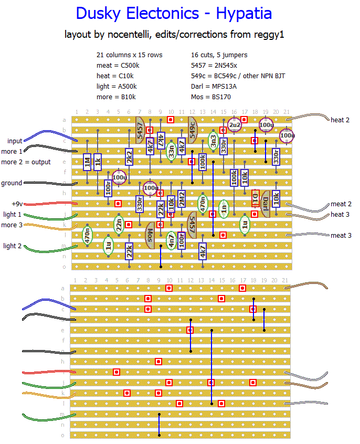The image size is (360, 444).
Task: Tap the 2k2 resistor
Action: pyautogui.click(x=129, y=156)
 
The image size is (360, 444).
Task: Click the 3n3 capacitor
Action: pyautogui.click(x=213, y=141)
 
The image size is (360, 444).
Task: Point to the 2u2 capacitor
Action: pyautogui.click(x=234, y=125)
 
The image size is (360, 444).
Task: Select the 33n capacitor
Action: pyautogui.click(x=171, y=151)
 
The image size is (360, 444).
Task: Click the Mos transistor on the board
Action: pyautogui.click(x=150, y=232)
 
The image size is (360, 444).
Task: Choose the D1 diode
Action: pyautogui.click(x=256, y=198)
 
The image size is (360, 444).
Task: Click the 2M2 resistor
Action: pyautogui.click(x=182, y=198)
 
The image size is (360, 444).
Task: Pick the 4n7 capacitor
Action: pyautogui.click(x=171, y=240)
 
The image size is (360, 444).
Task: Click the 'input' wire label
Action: pyautogui.click(x=15, y=141)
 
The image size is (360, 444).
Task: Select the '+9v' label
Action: pyautogui.click(x=18, y=204)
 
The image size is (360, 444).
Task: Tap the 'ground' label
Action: pyautogui.click(x=12, y=183)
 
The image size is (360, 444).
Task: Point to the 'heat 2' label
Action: pyautogui.click(x=341, y=120)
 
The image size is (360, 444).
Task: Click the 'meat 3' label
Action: pyautogui.click(x=341, y=236)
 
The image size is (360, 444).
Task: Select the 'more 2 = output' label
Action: pyautogui.click(x=26, y=162)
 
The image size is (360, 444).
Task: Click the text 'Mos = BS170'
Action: pyautogui.click(x=211, y=97)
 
